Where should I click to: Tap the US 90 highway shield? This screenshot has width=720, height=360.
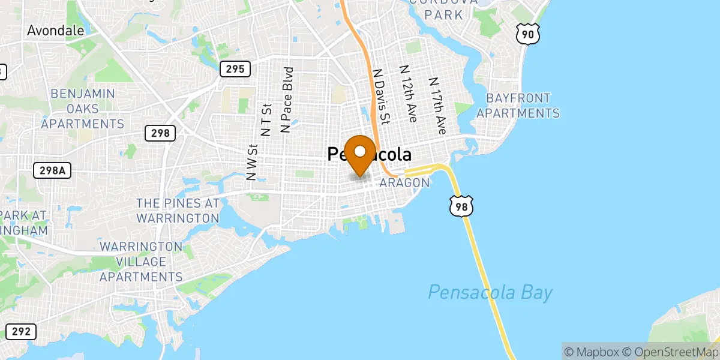click(527, 34)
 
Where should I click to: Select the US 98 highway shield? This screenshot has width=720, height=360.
click(462, 205)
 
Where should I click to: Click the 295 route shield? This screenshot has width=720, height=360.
click(235, 69)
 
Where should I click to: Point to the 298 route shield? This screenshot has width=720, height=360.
click(160, 133)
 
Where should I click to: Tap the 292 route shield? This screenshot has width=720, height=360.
click(20, 331)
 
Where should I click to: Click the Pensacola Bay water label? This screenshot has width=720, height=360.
click(490, 293)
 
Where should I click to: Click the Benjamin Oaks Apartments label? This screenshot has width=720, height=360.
click(83, 109)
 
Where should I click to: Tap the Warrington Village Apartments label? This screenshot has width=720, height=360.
click(141, 262)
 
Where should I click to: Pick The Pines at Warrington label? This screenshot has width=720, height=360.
click(178, 210)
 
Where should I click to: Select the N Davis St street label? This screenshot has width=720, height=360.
click(382, 95)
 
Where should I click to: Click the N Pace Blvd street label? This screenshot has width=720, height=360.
click(288, 100)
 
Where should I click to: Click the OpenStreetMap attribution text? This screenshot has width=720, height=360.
click(667, 350)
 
